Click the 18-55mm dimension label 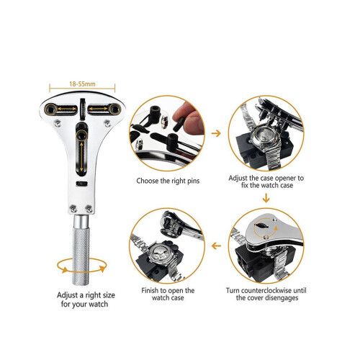[82, 84]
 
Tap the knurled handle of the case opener [81, 256]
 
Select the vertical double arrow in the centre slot [81, 157]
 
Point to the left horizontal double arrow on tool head [67, 109]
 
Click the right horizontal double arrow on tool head [98, 109]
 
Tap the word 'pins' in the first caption [193, 181]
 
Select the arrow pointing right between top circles [216, 133]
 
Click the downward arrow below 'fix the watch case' [266, 198]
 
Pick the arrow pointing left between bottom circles [216, 246]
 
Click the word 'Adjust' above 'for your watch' [68, 295]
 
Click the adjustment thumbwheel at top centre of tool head [83, 109]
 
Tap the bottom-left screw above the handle [73, 209]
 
